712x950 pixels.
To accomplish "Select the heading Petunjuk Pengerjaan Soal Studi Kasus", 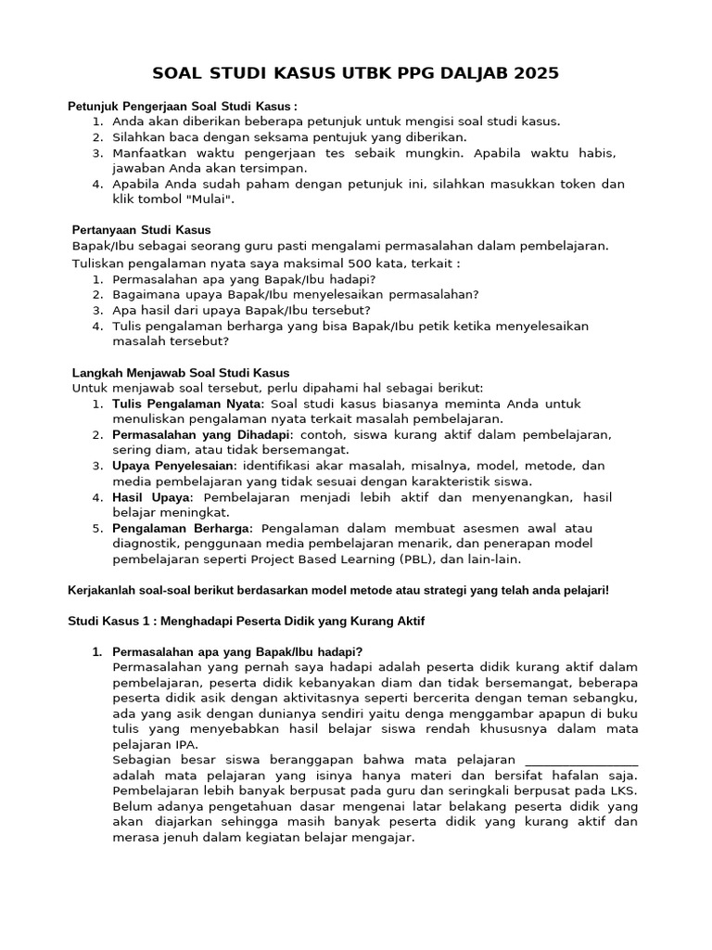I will click(183, 107).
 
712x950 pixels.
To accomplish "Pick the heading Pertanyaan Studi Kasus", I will click(142, 229).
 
